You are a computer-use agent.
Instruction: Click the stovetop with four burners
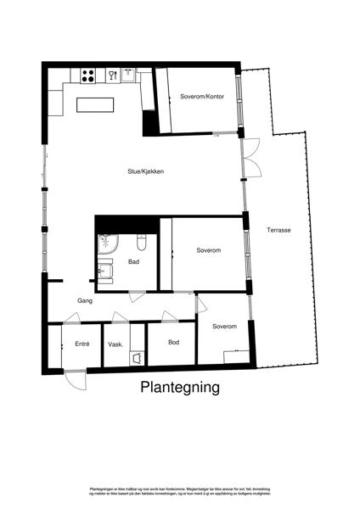[87, 76]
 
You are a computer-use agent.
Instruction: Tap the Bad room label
[133, 261]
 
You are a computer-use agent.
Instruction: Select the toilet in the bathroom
[142, 244]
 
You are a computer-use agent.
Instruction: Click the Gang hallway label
[85, 300]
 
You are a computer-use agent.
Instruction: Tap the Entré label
[82, 344]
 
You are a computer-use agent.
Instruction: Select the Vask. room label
[116, 344]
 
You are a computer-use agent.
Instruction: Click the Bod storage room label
[173, 342]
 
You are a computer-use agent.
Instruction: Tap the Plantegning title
[179, 388]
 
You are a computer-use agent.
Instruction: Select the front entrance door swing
[76, 379]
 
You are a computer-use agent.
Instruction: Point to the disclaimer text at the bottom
[179, 492]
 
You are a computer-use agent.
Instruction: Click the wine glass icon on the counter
[111, 75]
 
